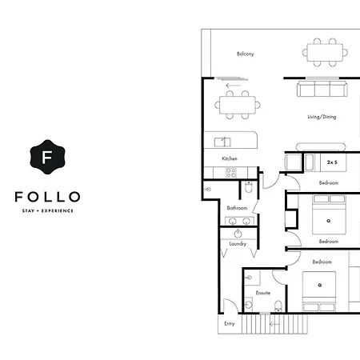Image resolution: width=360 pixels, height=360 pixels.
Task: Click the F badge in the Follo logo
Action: point(47,157)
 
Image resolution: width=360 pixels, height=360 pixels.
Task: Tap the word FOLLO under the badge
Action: point(47,197)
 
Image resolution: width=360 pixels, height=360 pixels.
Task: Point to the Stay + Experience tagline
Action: point(48,210)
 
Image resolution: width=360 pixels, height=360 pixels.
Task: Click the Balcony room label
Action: point(246,54)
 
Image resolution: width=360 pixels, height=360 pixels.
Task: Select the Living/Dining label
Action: point(322,117)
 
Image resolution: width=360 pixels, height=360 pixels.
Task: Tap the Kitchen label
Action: point(230,158)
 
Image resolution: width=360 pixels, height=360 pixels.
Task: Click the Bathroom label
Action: point(237,208)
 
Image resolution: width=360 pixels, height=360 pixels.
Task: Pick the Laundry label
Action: point(238,244)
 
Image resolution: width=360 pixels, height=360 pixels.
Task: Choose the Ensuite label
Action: point(263,293)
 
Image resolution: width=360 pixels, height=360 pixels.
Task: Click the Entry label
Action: point(230,324)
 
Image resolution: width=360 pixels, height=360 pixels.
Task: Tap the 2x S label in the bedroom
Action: point(332,162)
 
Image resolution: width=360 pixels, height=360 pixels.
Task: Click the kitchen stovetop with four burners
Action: point(231,173)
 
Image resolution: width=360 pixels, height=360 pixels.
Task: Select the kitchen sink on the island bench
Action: point(222,142)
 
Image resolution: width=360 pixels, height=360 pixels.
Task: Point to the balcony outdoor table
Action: point(325,53)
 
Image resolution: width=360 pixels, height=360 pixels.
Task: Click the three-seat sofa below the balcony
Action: point(322,89)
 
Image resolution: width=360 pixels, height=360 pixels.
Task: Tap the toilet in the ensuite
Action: point(278,306)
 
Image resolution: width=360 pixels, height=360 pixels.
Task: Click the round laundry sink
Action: point(238,234)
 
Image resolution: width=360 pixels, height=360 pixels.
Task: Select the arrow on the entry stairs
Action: point(274,324)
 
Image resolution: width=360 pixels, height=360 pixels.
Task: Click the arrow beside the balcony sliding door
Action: point(234,86)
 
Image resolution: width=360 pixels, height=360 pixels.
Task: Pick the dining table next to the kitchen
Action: point(238,105)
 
